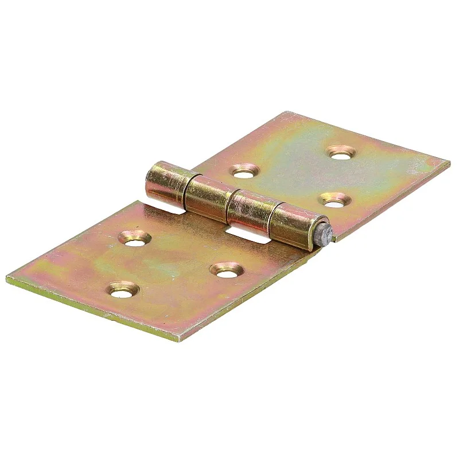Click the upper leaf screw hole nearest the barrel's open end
245,170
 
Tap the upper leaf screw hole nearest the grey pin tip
335,200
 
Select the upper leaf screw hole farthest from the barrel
342,152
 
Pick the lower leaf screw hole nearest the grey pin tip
226,269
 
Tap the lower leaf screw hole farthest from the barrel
123,291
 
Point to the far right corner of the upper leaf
449,162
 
